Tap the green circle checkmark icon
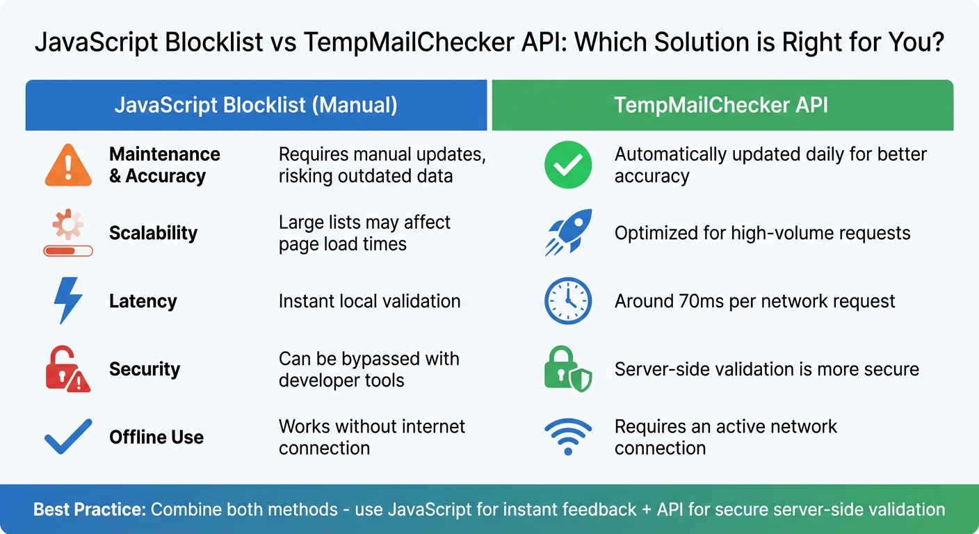[568, 165]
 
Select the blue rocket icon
[569, 232]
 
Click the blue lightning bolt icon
[68, 300]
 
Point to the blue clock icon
[568, 300]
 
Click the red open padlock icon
[67, 369]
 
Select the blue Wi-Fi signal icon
[568, 437]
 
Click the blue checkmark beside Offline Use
[68, 437]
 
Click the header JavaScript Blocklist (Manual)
[256, 105]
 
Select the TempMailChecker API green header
[722, 105]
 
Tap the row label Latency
[143, 301]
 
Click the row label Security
[145, 369]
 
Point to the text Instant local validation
[369, 301]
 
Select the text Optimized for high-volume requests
[762, 233]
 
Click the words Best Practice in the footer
[89, 509]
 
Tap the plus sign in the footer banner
[647, 509]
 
